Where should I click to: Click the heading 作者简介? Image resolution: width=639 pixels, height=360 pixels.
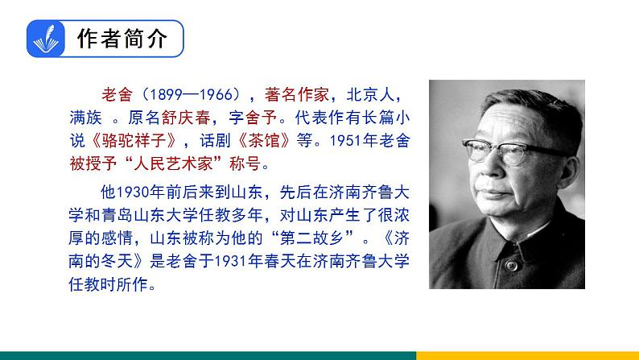(122, 39)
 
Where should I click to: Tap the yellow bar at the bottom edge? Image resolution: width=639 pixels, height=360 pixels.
(527, 355)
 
